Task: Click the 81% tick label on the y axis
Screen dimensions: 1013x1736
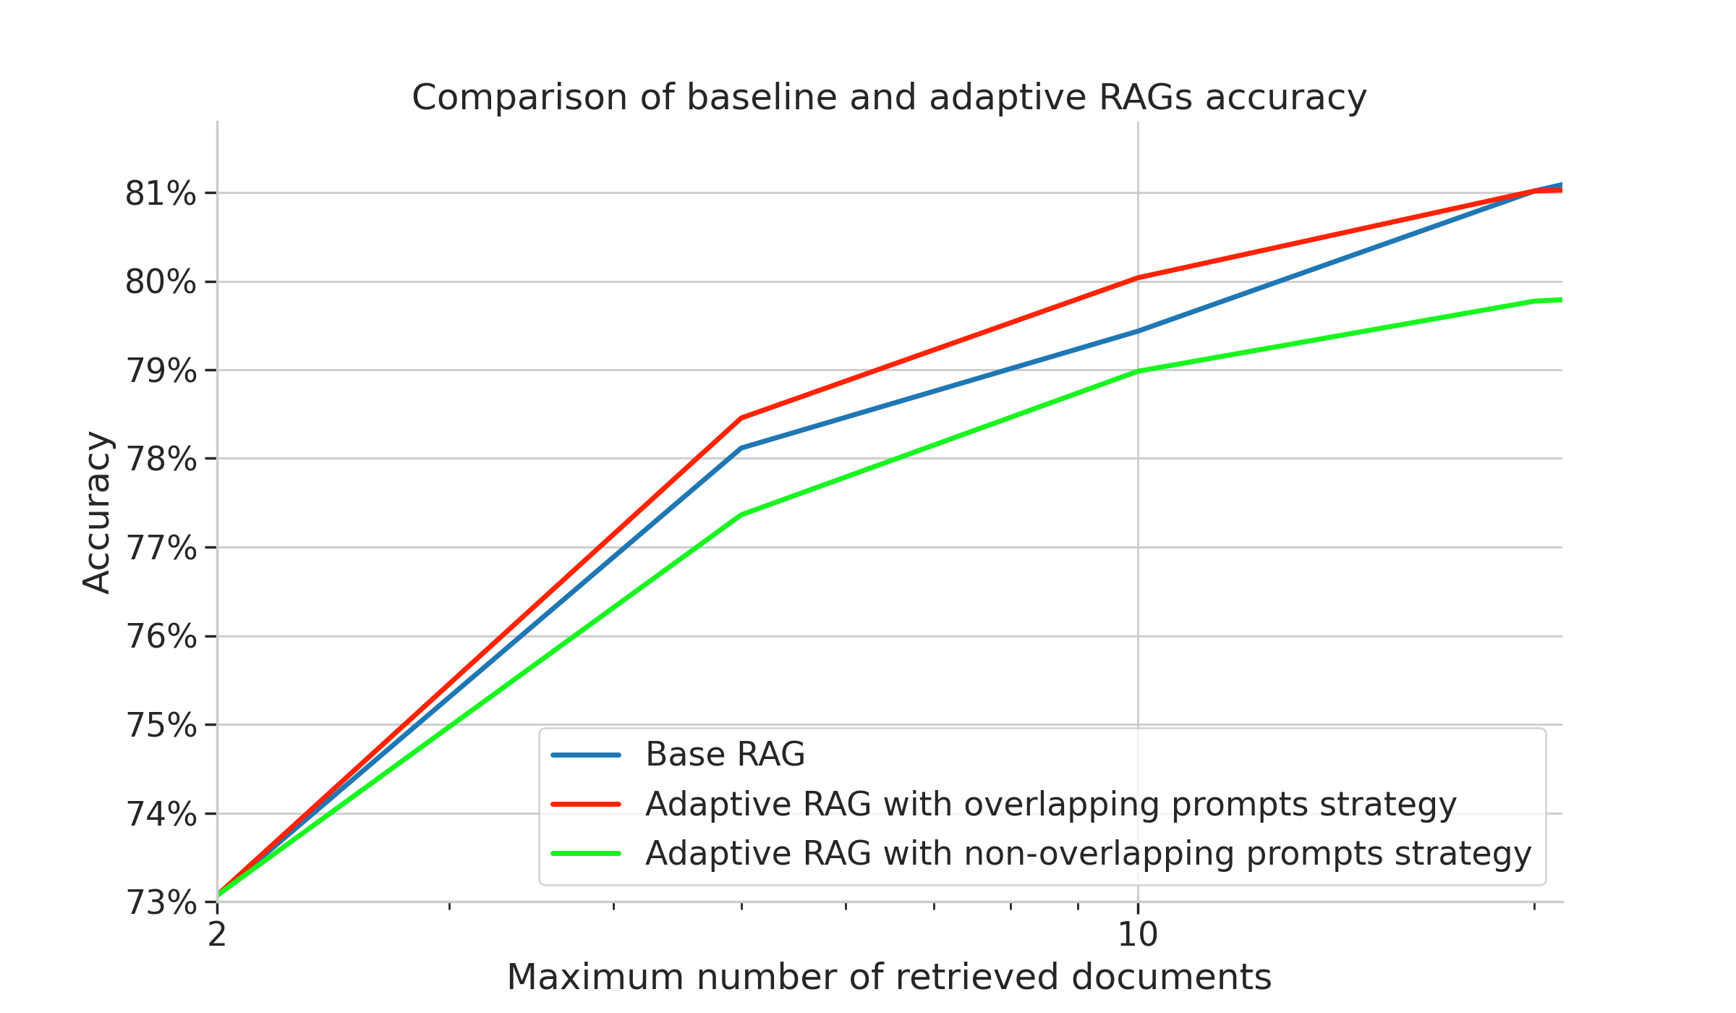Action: [160, 194]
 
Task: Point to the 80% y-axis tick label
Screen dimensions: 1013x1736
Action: [160, 282]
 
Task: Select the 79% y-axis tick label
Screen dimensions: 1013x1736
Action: [160, 371]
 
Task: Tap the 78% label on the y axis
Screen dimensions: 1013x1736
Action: [160, 459]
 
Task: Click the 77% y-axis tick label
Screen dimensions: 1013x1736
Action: [160, 548]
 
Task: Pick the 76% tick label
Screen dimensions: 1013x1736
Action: [160, 637]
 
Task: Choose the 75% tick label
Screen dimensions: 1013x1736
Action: [160, 726]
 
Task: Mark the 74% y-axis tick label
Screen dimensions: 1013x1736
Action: [160, 815]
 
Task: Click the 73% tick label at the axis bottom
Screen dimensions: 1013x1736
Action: [160, 903]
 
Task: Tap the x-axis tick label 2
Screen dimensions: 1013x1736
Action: [217, 934]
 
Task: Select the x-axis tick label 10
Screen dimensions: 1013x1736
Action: [1138, 934]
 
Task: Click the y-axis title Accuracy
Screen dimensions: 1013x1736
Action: [96, 512]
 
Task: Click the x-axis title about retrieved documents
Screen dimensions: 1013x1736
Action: [889, 977]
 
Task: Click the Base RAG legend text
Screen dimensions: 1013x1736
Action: [725, 755]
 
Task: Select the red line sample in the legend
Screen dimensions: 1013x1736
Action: [586, 804]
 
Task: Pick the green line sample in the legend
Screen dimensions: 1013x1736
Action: [586, 853]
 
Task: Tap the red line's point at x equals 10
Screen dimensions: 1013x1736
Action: [1138, 277]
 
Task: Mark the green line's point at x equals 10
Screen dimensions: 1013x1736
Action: [1138, 371]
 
